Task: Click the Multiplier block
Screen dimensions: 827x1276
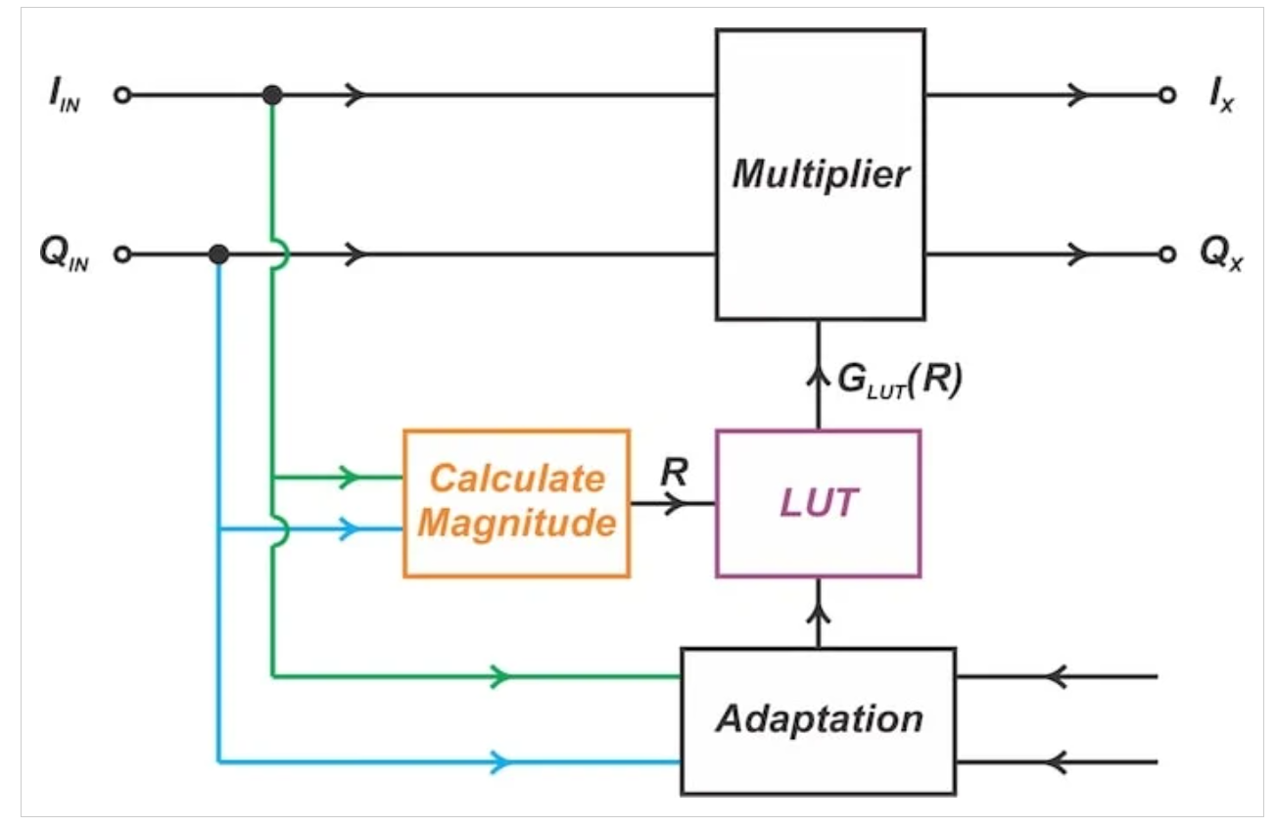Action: (820, 174)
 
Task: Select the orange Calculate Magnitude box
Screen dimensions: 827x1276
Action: (516, 503)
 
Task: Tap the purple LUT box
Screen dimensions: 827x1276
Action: (819, 503)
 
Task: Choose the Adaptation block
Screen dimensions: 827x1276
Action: (818, 720)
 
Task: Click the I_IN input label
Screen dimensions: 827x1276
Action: (61, 98)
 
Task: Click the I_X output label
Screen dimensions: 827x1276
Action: (1220, 98)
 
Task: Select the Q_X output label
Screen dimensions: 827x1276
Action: (1220, 256)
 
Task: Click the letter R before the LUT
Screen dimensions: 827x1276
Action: (673, 473)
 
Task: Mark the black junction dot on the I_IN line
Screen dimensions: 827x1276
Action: (273, 95)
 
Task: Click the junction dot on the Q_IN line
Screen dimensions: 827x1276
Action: (219, 254)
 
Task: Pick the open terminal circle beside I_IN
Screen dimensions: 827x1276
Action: (121, 95)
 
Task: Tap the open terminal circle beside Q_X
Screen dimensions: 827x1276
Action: (1166, 254)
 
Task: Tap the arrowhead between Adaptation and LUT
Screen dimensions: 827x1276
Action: (819, 615)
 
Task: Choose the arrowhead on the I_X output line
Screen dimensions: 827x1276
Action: (1077, 95)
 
